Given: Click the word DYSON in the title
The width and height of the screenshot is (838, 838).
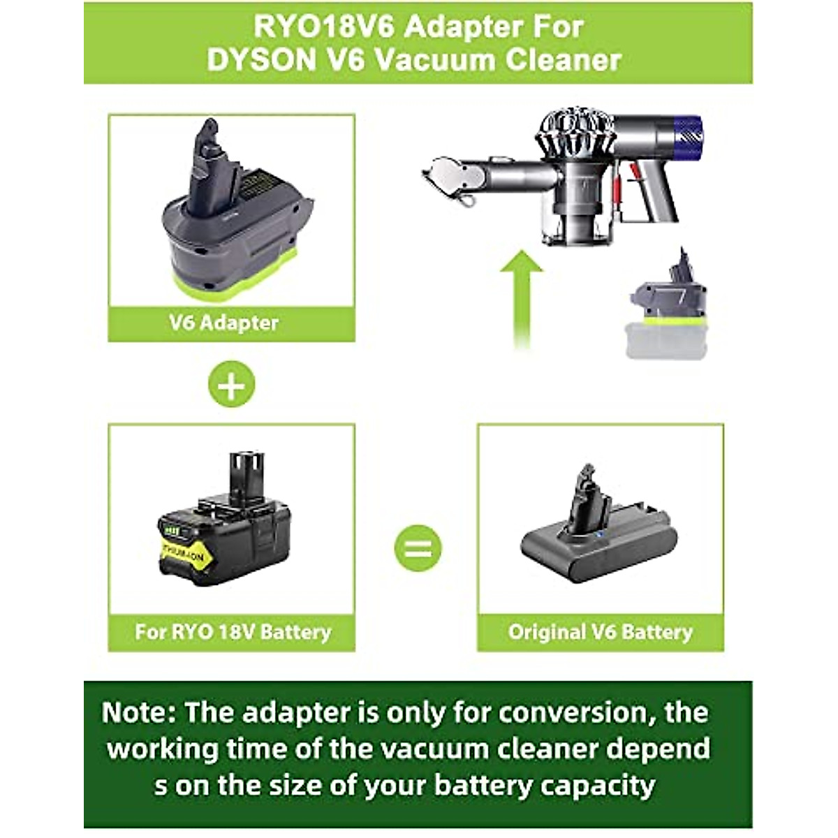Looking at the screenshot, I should click(260, 60).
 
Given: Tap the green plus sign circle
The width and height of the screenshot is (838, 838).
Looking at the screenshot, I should click(231, 384).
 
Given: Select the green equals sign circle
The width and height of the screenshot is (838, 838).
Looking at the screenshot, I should click(418, 548).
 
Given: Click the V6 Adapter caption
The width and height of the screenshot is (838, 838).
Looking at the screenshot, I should click(223, 323).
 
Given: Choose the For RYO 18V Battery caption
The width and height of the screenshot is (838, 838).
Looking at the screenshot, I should click(233, 632).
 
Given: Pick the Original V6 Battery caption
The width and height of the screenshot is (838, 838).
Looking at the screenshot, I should click(600, 632).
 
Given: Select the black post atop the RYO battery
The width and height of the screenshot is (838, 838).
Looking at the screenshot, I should click(248, 473).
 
